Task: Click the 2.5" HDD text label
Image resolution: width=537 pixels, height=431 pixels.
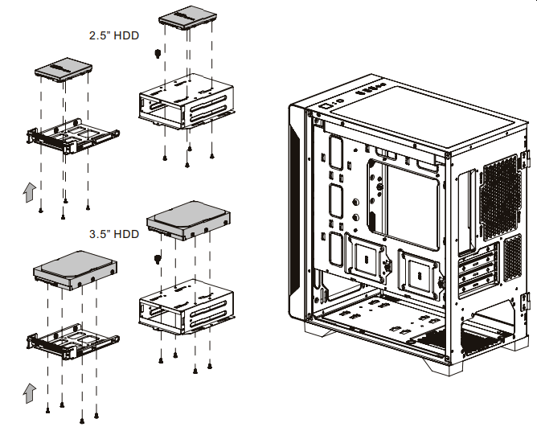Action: click(111, 36)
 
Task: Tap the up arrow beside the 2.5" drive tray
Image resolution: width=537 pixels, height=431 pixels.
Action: click(29, 192)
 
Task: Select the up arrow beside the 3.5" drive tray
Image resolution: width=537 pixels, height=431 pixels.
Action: click(29, 392)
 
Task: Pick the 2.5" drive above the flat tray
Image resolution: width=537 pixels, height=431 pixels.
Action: click(64, 72)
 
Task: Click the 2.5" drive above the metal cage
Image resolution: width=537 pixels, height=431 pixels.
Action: click(187, 18)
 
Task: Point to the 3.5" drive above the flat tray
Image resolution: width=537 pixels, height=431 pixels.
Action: click(75, 269)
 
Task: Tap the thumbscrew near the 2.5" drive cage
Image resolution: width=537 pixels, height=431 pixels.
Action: click(156, 55)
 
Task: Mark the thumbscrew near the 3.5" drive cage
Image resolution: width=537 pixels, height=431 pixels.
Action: click(156, 258)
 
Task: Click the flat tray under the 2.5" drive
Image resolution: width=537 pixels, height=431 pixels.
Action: click(72, 137)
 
